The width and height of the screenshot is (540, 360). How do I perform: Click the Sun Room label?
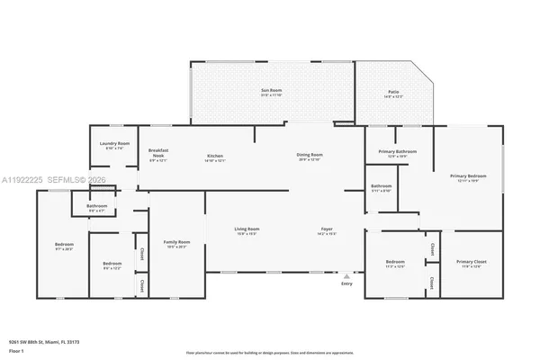pyautogui.click(x=272, y=91)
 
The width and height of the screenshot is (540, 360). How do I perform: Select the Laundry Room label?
pyautogui.click(x=114, y=144)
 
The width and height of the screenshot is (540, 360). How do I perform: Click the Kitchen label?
pyautogui.click(x=215, y=157)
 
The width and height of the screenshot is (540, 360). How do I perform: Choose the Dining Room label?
pyautogui.click(x=310, y=157)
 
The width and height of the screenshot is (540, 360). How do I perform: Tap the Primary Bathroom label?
pyautogui.click(x=397, y=152)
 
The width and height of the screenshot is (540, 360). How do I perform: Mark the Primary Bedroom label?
pyautogui.click(x=469, y=175)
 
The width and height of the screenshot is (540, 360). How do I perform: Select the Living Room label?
pyautogui.click(x=247, y=229)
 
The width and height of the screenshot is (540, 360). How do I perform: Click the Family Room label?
pyautogui.click(x=176, y=242)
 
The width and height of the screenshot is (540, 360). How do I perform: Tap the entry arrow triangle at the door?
pyautogui.click(x=347, y=274)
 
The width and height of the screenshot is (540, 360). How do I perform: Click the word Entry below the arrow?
pyautogui.click(x=347, y=284)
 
